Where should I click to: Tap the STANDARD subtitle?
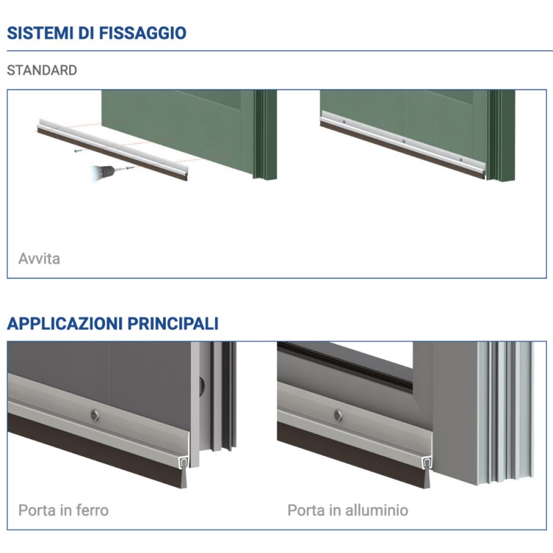pyautogui.click(x=41, y=71)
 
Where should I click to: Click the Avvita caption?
pyautogui.click(x=39, y=259)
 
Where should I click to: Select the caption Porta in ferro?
pyautogui.click(x=63, y=511)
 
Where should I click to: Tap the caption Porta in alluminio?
pyautogui.click(x=348, y=511)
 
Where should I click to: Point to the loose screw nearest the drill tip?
pyautogui.click(x=127, y=167)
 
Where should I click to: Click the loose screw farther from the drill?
pyautogui.click(x=77, y=149)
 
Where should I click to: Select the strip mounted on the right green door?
pyautogui.click(x=404, y=144)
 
